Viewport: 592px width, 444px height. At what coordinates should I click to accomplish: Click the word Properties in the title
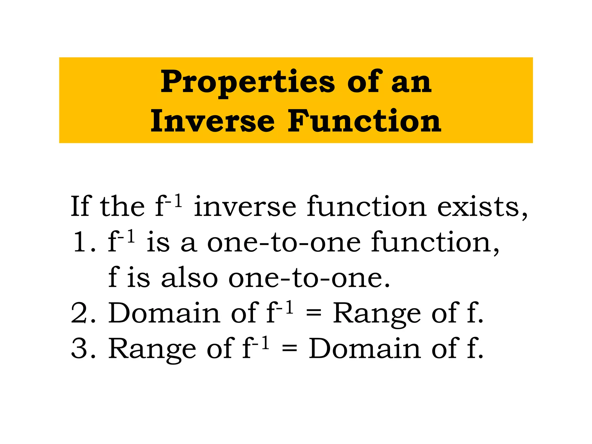[247, 82]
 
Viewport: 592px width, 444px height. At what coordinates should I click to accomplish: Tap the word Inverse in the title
[212, 121]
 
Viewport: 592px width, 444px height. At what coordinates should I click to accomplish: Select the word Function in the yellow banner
[364, 121]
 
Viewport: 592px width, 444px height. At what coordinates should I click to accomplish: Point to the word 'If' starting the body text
[81, 206]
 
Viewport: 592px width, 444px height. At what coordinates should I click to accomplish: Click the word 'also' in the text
[189, 277]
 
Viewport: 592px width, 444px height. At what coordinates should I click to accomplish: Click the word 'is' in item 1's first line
[158, 242]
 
